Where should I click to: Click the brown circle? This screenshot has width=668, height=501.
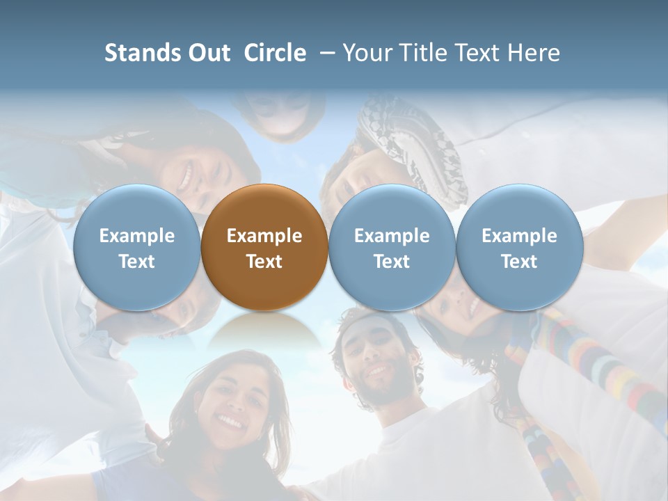(264, 248)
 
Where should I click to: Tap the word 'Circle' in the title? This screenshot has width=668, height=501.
(275, 53)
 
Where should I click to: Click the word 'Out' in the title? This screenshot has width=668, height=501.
(207, 53)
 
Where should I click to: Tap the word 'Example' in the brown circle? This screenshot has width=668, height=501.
(264, 236)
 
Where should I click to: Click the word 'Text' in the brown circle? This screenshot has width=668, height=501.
(264, 262)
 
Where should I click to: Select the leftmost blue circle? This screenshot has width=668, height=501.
(137, 248)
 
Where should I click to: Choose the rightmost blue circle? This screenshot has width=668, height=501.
(519, 248)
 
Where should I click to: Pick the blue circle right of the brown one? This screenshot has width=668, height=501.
(392, 248)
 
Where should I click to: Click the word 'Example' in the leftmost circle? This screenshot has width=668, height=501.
(137, 236)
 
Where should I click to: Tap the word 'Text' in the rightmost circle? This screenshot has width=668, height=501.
(519, 262)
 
